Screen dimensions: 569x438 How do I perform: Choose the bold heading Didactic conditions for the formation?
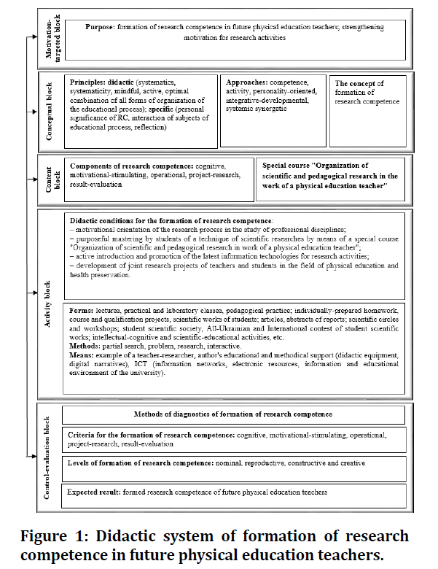tap(171, 220)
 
